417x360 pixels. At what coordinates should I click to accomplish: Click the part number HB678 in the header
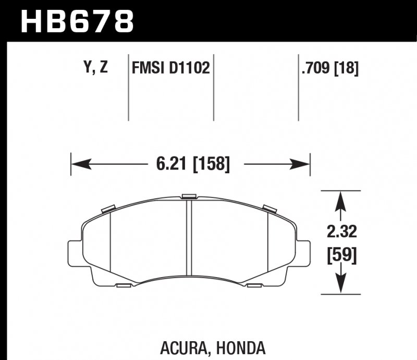pyautogui.click(x=77, y=21)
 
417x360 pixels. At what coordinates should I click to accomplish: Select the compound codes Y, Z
pyautogui.click(x=95, y=68)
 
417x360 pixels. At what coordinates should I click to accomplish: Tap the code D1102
pyautogui.click(x=189, y=68)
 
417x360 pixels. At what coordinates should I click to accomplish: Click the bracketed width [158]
pyautogui.click(x=211, y=164)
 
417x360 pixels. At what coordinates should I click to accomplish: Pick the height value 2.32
pyautogui.click(x=340, y=230)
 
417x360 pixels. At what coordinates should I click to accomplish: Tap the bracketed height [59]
pyautogui.click(x=340, y=256)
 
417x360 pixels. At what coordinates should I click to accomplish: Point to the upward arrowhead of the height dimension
pyautogui.click(x=340, y=198)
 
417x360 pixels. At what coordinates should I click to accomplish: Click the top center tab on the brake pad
pyautogui.click(x=188, y=196)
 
